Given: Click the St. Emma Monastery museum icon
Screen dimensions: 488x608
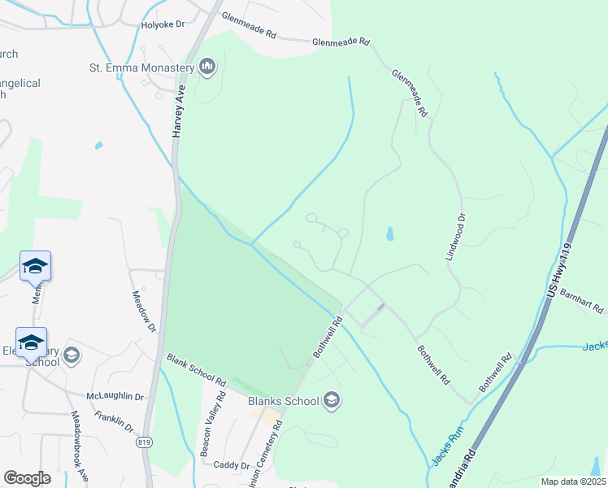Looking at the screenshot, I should [x=206, y=66].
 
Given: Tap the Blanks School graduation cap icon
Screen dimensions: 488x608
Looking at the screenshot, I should [x=331, y=400].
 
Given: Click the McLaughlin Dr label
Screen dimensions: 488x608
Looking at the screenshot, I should [x=115, y=396].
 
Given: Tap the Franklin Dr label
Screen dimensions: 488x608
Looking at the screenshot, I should [x=113, y=420].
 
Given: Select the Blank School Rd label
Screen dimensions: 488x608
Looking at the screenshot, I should [x=196, y=368].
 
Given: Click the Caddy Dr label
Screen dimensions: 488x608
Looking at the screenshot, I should [x=231, y=465].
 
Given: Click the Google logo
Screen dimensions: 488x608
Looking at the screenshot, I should [x=27, y=478].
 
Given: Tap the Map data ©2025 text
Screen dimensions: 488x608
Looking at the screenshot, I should [x=573, y=481].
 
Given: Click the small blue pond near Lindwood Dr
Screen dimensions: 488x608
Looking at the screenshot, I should [x=389, y=234].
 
